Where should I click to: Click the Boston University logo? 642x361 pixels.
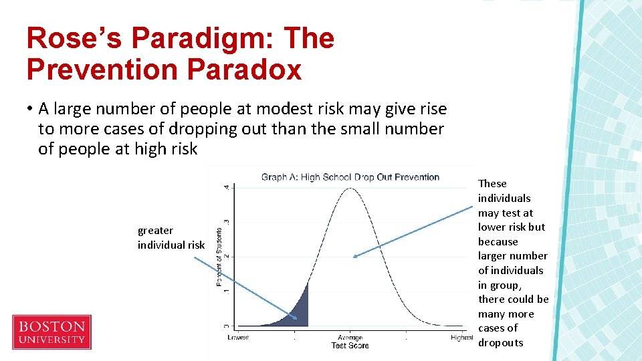(51, 332)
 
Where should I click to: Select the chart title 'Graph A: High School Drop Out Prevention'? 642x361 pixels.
(350, 177)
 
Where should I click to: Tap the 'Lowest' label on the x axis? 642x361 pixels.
(238, 338)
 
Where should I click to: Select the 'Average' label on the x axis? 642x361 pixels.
(350, 338)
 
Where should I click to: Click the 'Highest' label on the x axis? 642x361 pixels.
(461, 338)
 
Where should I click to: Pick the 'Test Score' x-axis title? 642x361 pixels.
(350, 346)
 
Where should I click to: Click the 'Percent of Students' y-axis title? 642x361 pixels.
(219, 256)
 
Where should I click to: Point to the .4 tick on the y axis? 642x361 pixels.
(226, 187)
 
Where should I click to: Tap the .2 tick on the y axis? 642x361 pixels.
(226, 256)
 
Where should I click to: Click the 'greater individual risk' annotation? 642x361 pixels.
(171, 237)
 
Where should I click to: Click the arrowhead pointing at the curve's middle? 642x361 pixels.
(355, 256)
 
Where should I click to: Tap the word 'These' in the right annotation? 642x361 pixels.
(492, 184)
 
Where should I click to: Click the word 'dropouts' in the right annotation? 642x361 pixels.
(500, 343)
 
